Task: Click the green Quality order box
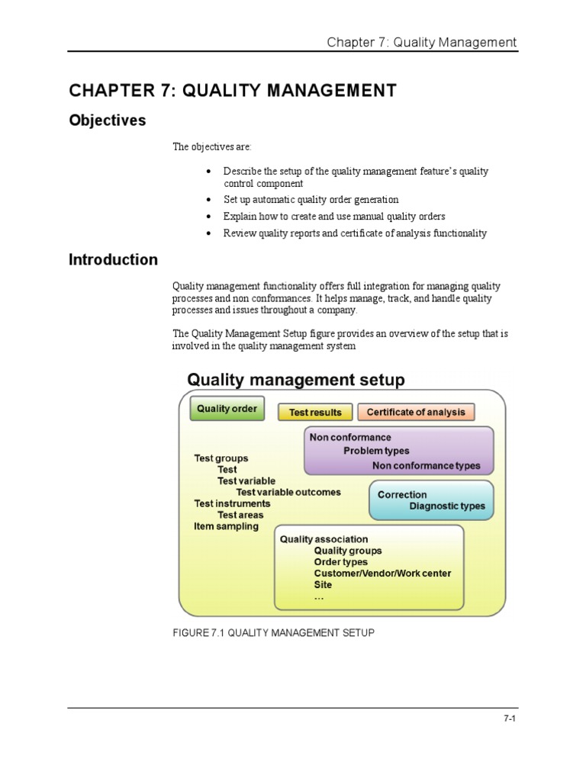[227, 409]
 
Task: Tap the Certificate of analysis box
[416, 413]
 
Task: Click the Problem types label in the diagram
[376, 452]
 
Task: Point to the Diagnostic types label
[446, 506]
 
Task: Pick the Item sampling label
[226, 526]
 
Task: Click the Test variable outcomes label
[288, 492]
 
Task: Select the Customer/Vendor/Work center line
[382, 574]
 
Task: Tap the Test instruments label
[232, 503]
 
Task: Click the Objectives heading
[107, 121]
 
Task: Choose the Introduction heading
[113, 260]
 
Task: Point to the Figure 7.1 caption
[273, 633]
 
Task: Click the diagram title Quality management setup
[296, 380]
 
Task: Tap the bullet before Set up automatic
[209, 200]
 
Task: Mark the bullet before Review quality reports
[209, 233]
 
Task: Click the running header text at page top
[422, 42]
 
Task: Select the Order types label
[340, 562]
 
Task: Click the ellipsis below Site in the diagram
[319, 598]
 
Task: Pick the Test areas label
[240, 515]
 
